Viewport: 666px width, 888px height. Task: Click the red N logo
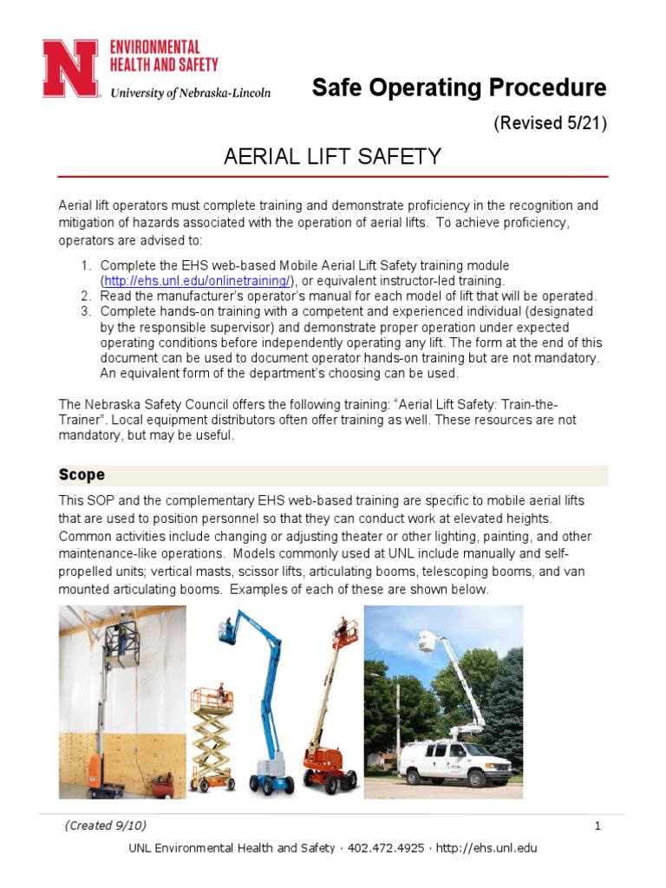(x=70, y=69)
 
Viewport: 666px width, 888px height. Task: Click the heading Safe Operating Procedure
(x=459, y=88)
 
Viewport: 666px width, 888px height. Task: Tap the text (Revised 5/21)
(x=550, y=123)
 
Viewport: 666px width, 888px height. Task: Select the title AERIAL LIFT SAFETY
(x=333, y=157)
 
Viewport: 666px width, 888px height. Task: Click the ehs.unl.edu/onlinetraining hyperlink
(x=198, y=281)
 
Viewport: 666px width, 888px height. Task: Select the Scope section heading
(x=82, y=474)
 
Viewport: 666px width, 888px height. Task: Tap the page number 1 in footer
(x=597, y=826)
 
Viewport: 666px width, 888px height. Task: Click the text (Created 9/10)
(x=99, y=826)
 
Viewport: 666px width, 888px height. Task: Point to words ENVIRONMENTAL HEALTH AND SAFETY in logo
(x=163, y=55)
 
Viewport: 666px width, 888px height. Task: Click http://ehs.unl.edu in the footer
(x=489, y=847)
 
